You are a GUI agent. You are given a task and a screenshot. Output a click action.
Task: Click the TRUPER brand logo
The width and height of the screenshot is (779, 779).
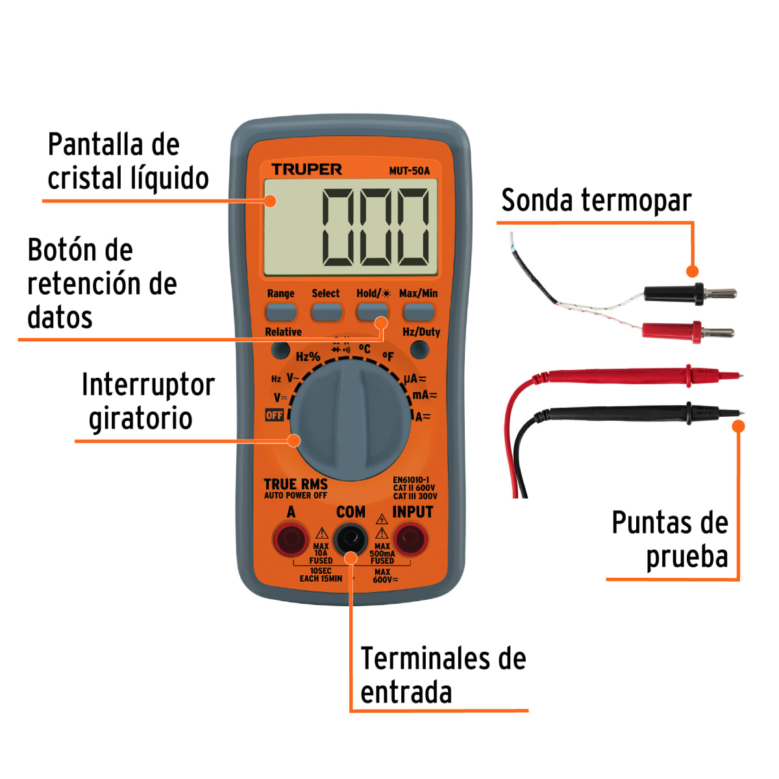click(306, 169)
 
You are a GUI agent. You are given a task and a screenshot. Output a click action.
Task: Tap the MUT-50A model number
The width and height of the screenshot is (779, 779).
click(409, 171)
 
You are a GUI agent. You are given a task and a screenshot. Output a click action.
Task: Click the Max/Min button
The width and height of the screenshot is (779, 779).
click(419, 312)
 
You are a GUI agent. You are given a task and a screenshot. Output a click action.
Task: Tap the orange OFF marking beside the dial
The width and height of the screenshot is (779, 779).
click(275, 415)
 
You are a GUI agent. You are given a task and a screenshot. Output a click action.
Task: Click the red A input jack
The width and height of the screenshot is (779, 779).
click(290, 538)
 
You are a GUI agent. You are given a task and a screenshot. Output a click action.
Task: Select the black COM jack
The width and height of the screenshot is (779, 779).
click(351, 538)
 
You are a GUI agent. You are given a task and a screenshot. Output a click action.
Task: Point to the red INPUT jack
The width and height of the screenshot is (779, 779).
click(411, 538)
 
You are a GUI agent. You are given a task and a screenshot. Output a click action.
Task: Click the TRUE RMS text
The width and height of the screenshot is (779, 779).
click(295, 484)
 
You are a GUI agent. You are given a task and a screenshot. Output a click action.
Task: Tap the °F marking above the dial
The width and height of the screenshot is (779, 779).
click(388, 356)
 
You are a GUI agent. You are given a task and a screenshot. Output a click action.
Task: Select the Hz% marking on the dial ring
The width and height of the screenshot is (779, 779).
click(308, 356)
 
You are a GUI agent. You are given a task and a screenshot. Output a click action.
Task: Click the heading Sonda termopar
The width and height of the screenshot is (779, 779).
click(596, 200)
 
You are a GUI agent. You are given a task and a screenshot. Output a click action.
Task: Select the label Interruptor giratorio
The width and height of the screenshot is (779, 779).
click(147, 401)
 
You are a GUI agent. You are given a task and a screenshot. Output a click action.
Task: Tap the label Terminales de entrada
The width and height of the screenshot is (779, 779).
click(443, 675)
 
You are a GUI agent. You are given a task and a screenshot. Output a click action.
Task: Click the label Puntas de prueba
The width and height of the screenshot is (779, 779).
click(670, 539)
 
